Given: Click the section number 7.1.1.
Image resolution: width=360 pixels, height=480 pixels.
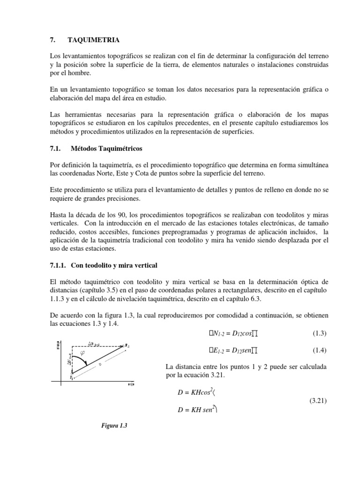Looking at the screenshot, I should (59, 265).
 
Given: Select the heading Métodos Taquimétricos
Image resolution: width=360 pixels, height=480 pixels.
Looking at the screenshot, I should (106, 149).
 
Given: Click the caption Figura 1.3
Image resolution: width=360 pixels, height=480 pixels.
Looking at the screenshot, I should (114, 426).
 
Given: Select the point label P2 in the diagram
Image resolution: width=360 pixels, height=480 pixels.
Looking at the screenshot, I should (127, 345).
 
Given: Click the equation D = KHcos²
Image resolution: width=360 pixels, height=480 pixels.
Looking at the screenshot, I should (193, 392).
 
